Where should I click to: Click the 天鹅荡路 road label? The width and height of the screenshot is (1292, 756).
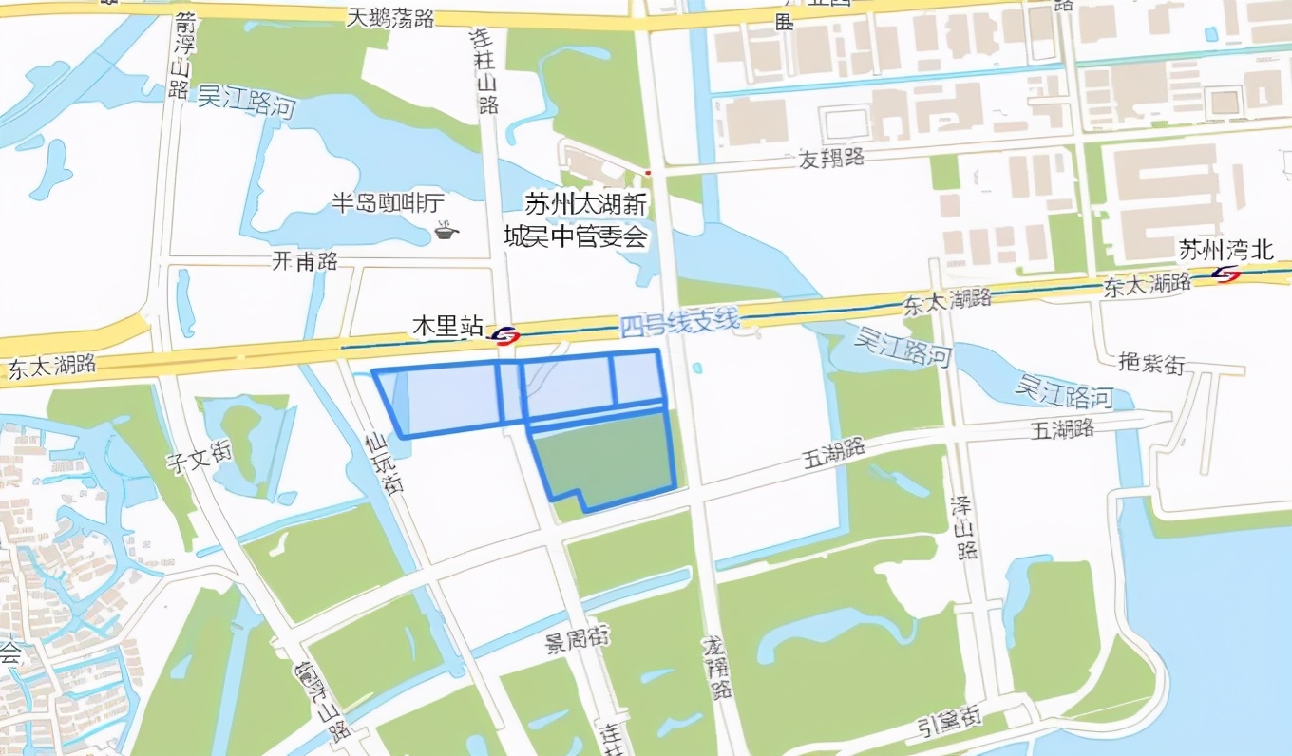(x=389, y=16)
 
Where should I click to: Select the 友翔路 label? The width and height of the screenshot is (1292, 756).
(x=831, y=158)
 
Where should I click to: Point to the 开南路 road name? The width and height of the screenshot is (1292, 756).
(x=305, y=262)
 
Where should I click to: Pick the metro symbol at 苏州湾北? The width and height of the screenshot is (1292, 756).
(x=1226, y=274)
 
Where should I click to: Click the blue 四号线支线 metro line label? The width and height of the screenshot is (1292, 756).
(x=678, y=325)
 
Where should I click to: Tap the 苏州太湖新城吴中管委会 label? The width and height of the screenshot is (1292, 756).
(x=586, y=220)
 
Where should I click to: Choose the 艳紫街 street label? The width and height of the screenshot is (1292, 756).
(x=1151, y=363)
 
